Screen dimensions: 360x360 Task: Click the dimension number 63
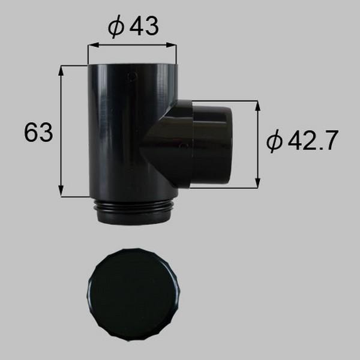tap(38, 132)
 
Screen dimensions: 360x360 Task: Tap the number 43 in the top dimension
tap(144, 26)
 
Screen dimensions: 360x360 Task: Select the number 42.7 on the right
tap(313, 140)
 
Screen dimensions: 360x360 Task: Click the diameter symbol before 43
tap(116, 26)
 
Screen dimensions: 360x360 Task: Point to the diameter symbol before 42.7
tap(274, 141)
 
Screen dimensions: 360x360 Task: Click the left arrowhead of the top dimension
tap(94, 45)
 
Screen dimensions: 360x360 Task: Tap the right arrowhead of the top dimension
tap(171, 45)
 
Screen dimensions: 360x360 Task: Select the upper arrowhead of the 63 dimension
tap(61, 71)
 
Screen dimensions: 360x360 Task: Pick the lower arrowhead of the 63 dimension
tap(61, 191)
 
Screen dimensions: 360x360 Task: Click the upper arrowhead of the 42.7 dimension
tap(257, 106)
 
